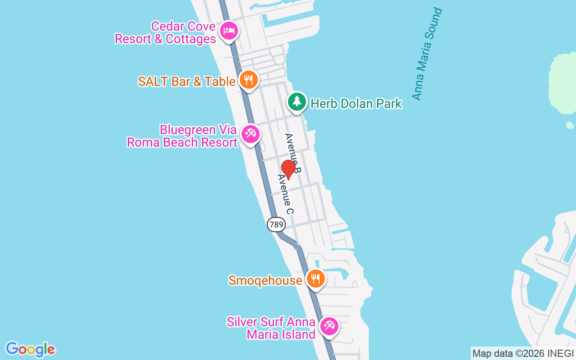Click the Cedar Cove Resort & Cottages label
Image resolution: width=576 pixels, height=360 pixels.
pyautogui.click(x=166, y=33)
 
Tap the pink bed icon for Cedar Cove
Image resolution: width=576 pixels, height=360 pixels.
pyautogui.click(x=229, y=31)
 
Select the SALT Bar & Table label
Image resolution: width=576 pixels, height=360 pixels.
pyautogui.click(x=187, y=81)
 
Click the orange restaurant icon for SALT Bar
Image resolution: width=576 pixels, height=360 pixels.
pyautogui.click(x=248, y=80)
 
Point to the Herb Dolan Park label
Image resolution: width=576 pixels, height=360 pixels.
pyautogui.click(x=356, y=104)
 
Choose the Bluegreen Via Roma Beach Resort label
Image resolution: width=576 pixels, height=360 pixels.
pyautogui.click(x=182, y=136)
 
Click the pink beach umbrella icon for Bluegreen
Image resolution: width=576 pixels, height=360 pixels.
pyautogui.click(x=250, y=134)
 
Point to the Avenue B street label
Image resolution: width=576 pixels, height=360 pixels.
pyautogui.click(x=292, y=153)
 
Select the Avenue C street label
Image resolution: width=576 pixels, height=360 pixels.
pyautogui.click(x=285, y=194)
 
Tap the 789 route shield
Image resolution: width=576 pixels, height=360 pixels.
pyautogui.click(x=276, y=224)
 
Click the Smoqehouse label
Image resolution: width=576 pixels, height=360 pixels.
pyautogui.click(x=265, y=281)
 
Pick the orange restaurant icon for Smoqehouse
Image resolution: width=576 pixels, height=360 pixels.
pyautogui.click(x=316, y=279)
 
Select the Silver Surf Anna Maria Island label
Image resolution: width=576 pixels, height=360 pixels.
pyautogui.click(x=271, y=328)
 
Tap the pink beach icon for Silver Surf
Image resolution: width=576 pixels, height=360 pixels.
pyautogui.click(x=329, y=326)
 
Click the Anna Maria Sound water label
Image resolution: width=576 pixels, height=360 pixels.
pyautogui.click(x=427, y=54)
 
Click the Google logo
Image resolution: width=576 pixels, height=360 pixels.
pyautogui.click(x=30, y=349)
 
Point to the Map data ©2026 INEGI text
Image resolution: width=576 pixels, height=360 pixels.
pyautogui.click(x=523, y=354)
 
